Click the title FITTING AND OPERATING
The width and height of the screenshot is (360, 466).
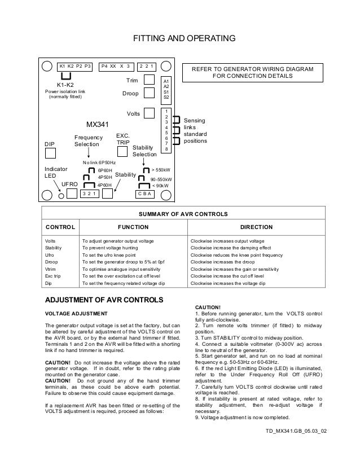tap(179, 39)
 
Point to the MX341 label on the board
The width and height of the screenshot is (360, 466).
tap(96, 124)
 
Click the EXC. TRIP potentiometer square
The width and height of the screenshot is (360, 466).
tap(122, 151)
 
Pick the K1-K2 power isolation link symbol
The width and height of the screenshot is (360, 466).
tap(67, 76)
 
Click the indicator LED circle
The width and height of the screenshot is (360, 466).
tap(62, 196)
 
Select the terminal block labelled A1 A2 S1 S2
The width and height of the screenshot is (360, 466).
tap(166, 89)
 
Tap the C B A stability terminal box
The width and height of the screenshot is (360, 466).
tap(147, 194)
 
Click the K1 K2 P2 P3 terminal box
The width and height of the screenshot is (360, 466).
tap(75, 65)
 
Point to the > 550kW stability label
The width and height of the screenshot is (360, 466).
tap(163, 169)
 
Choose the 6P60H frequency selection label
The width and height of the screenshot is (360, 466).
tap(105, 169)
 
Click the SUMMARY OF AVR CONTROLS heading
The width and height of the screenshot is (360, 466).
tap(179, 214)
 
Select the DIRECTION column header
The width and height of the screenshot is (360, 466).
tap(256, 227)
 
